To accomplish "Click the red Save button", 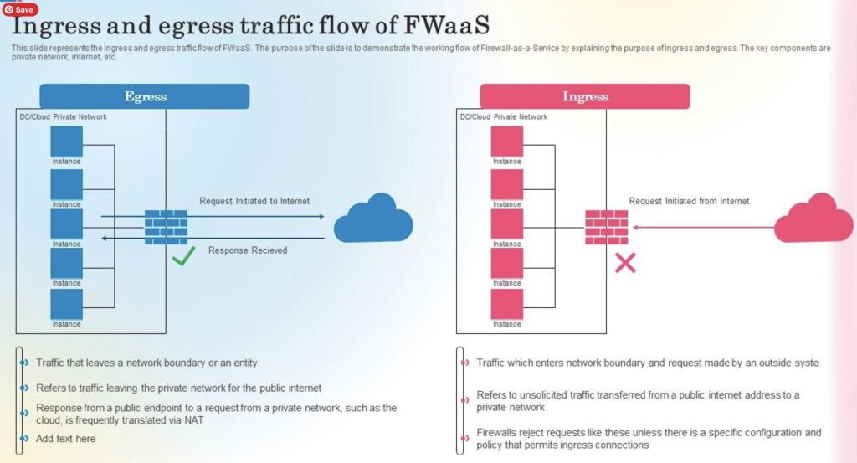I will point(20,9).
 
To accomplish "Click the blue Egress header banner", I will point(145,96).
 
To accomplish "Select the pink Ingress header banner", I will point(585,96).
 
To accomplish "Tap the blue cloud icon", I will point(373,219).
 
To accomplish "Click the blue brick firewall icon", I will point(166,227).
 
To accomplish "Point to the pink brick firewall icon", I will point(606,227).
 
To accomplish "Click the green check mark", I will point(183,256).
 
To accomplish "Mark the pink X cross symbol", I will point(625,264).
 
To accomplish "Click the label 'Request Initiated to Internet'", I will point(254,201).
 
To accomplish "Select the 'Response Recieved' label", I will point(248,250).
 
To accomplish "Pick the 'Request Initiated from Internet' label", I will point(689,201).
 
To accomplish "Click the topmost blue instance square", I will point(67,141).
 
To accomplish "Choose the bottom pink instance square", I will point(506,304).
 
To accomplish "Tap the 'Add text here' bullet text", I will point(66,439).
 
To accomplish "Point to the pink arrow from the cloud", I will point(703,227).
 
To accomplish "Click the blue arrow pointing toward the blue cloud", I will point(251,216).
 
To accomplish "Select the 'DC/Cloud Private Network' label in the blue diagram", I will point(64,117).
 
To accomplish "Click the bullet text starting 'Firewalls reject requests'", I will point(649,439).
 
